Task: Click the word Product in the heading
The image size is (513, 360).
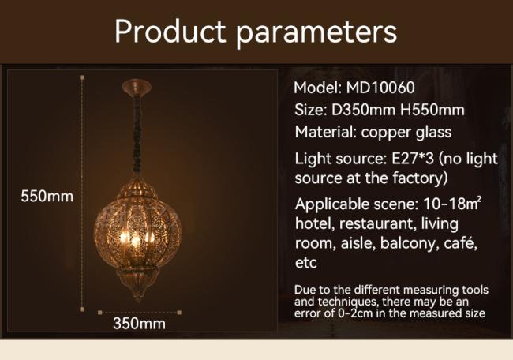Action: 170,31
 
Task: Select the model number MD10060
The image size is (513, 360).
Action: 380,88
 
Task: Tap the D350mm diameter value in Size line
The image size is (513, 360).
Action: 363,110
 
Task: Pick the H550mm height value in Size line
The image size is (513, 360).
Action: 432,110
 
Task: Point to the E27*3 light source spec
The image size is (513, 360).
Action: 413,159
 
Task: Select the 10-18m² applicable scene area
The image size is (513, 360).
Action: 452,204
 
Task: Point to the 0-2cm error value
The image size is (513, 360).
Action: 355,313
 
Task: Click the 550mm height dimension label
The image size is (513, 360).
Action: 47,197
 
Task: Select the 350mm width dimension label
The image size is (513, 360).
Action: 140,324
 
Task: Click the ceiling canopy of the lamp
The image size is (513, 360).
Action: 137,87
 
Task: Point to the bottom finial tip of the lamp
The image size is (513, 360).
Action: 138,298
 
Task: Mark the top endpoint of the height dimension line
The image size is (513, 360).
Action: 82,77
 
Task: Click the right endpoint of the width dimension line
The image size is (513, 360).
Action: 179,313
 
